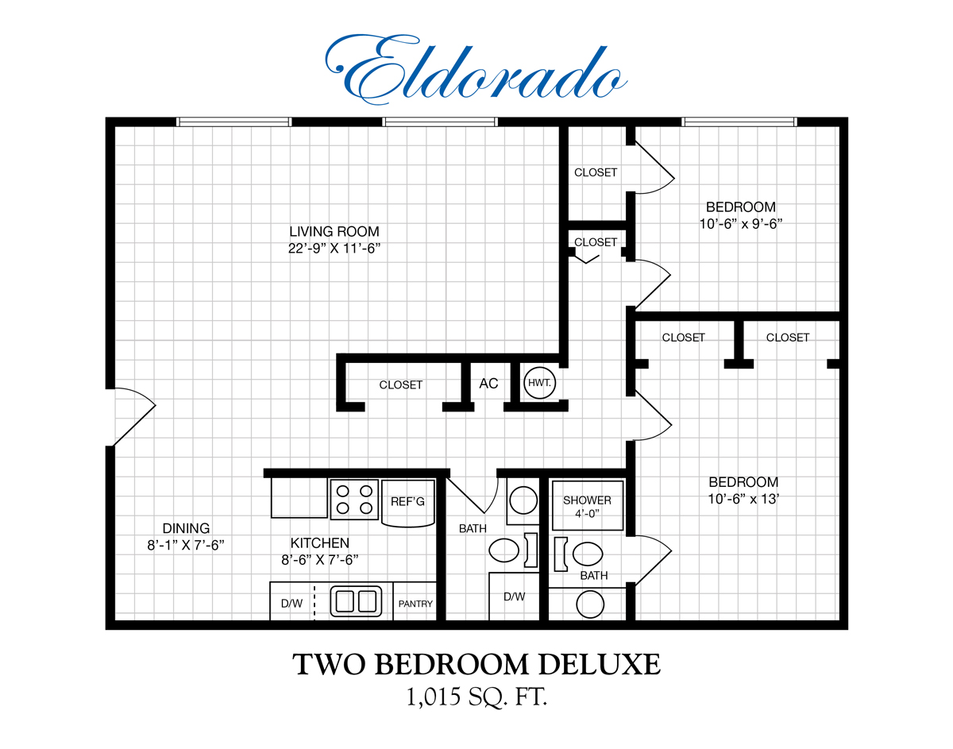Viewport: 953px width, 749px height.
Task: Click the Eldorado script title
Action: click(x=476, y=70)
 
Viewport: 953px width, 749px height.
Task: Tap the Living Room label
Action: click(x=334, y=232)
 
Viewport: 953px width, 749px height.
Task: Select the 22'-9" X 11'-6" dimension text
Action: click(x=334, y=249)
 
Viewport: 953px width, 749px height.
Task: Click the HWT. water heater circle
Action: click(x=539, y=383)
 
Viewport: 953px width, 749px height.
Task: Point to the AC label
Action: click(x=488, y=384)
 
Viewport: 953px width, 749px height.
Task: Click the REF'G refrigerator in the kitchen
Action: click(x=408, y=503)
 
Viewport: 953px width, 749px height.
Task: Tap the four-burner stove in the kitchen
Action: click(x=354, y=500)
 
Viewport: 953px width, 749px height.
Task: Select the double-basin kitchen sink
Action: click(x=356, y=601)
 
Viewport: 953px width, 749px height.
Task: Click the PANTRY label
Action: click(x=415, y=604)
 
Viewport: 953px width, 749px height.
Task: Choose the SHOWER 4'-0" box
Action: click(x=587, y=506)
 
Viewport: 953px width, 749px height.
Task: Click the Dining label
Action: click(x=186, y=528)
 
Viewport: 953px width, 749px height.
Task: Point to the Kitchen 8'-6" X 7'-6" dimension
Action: click(x=320, y=560)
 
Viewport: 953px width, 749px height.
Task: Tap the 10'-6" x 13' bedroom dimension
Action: click(x=743, y=499)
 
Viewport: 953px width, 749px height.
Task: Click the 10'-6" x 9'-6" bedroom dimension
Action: click(x=741, y=224)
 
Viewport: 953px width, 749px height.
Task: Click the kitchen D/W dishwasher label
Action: click(x=291, y=604)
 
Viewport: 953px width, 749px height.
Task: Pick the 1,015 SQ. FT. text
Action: click(x=476, y=697)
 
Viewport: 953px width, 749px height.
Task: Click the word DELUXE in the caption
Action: click(x=599, y=664)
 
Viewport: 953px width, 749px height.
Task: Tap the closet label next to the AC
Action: click(x=401, y=384)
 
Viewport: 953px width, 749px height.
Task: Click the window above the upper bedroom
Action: click(x=739, y=122)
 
